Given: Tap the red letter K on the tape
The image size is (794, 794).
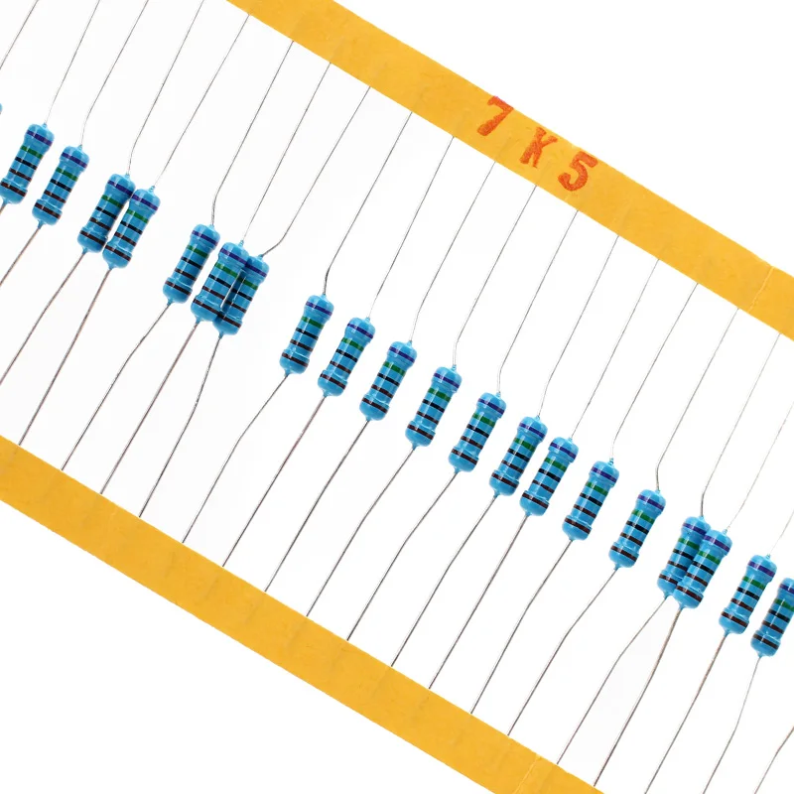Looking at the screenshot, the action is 534,149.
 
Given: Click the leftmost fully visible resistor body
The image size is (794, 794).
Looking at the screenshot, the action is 25,163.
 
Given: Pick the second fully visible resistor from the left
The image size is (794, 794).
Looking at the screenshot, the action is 61,185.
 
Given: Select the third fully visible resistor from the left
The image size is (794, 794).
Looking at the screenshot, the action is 105,212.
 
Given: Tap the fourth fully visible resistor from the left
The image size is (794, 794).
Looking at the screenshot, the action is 132,227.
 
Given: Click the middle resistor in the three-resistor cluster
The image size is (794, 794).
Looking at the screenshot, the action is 219,282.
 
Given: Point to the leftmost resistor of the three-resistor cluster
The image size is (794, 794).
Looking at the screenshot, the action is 191,263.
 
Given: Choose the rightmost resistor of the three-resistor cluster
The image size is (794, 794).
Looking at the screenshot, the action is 242,294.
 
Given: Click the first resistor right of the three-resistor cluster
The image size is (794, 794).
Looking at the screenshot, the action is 306,333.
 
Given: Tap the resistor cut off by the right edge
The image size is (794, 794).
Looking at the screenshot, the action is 776,616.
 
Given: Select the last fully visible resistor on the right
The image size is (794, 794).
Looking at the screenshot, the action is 747,594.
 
